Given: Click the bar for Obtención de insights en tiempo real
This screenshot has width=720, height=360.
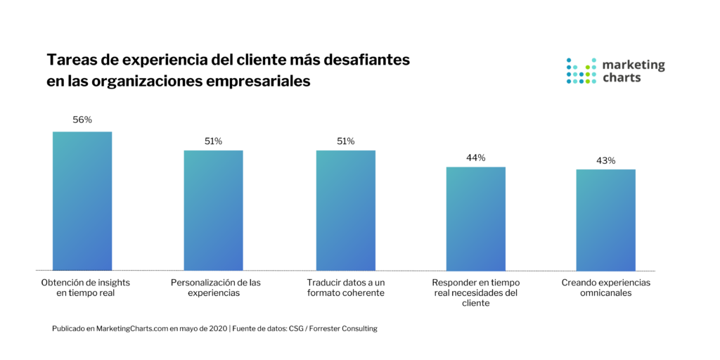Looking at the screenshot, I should [x=82, y=201].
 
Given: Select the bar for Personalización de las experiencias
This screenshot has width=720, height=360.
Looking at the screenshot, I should [x=213, y=210].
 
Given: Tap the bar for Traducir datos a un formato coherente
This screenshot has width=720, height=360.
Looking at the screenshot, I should [x=345, y=210].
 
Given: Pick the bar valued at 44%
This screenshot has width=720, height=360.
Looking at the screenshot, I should [x=476, y=219].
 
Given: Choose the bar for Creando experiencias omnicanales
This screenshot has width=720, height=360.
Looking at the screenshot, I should [x=605, y=220].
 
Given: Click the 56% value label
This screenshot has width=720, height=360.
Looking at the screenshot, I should [x=82, y=120].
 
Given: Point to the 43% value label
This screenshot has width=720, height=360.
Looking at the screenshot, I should [x=605, y=160].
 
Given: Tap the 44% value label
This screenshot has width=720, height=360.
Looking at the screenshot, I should [x=476, y=157].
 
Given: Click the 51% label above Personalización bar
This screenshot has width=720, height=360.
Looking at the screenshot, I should [x=213, y=141].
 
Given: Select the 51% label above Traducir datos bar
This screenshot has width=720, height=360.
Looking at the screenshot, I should [x=345, y=141].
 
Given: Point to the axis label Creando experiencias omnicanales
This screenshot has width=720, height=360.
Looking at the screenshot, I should [x=605, y=288].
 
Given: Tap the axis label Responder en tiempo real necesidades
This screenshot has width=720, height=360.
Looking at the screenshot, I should [x=476, y=292].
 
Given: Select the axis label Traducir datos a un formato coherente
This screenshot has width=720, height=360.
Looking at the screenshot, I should [x=345, y=288].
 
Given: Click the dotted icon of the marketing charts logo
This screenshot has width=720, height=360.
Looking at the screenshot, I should [x=581, y=71].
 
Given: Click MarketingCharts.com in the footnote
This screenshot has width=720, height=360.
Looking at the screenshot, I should [x=131, y=329].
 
